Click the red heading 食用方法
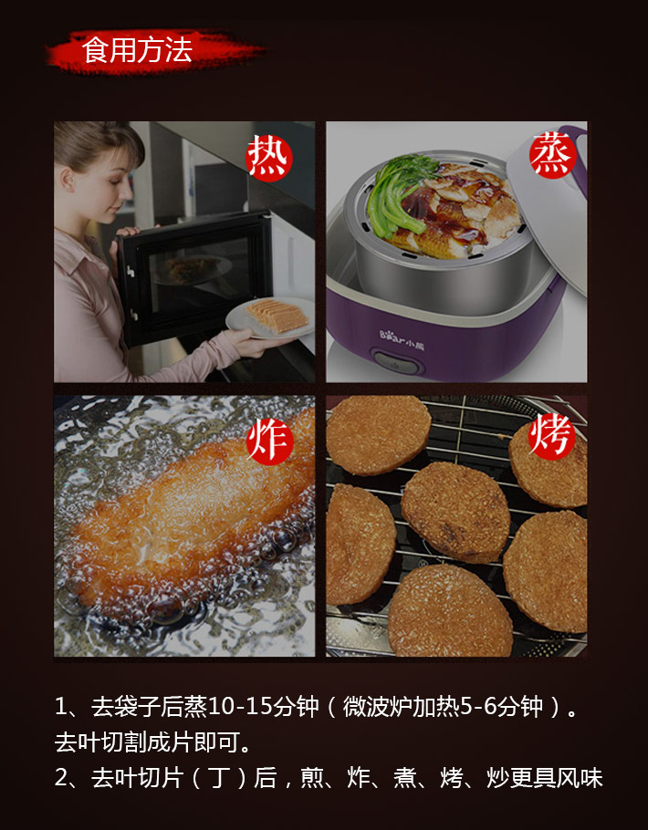pyautogui.click(x=137, y=51)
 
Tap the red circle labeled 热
pyautogui.click(x=268, y=158)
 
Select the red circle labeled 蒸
pyautogui.click(x=552, y=154)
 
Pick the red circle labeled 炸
pyautogui.click(x=269, y=441)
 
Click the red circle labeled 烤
pyautogui.click(x=551, y=437)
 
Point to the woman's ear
pyautogui.click(x=68, y=180)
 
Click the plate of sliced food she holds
pyautogui.click(x=270, y=317)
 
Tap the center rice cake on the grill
pyautogui.click(x=455, y=512)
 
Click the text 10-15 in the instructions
pyautogui.click(x=241, y=706)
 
